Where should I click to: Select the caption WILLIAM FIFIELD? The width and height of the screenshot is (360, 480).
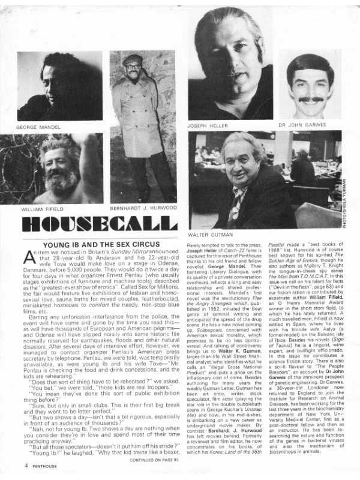(x=41, y=210)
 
